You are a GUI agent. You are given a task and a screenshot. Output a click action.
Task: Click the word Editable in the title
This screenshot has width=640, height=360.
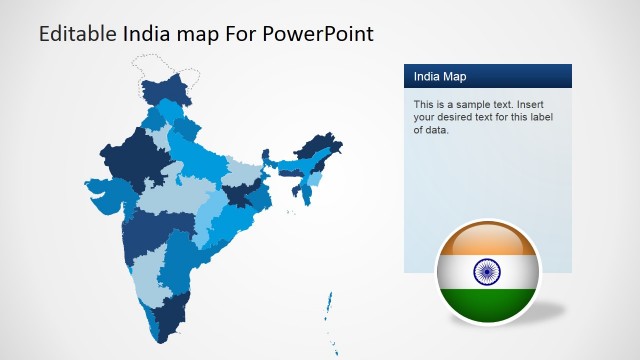77,34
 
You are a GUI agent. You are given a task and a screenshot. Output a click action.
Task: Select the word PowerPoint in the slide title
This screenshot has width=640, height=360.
319,34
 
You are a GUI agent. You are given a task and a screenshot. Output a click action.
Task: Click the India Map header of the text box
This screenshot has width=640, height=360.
440,76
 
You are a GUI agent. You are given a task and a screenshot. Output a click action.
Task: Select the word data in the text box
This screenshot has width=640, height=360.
437,130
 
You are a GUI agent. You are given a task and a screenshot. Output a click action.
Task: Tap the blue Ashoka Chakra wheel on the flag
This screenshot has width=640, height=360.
487,271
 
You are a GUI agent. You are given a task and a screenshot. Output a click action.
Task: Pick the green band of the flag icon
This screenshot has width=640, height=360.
487,303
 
